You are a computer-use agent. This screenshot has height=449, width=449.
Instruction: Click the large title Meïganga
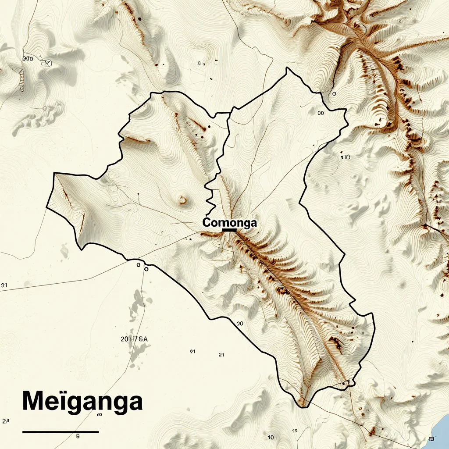point(82,400)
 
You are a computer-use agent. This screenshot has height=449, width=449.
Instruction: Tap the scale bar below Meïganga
point(61,432)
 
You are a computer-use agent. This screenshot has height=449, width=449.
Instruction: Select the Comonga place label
point(229,223)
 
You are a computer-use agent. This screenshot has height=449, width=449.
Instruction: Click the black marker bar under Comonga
point(229,230)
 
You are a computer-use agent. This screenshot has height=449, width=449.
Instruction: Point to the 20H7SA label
point(134,339)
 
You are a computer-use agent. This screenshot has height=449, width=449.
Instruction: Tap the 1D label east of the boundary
point(345,157)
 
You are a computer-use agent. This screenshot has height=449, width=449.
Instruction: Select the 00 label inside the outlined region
point(320,113)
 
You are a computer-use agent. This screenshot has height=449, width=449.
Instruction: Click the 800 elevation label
point(28,58)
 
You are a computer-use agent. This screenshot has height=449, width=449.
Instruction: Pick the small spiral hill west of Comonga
point(182,200)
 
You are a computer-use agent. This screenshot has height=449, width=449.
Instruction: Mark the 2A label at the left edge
point(5,421)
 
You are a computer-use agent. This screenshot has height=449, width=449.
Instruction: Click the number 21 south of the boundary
point(221,354)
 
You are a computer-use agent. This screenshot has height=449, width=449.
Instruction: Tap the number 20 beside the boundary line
point(239,324)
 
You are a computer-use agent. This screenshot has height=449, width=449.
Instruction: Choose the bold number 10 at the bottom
point(271,437)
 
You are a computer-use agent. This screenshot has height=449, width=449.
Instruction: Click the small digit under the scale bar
point(78,436)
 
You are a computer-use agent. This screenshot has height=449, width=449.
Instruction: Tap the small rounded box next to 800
point(46,63)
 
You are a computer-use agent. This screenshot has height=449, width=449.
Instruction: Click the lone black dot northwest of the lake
point(412,341)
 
